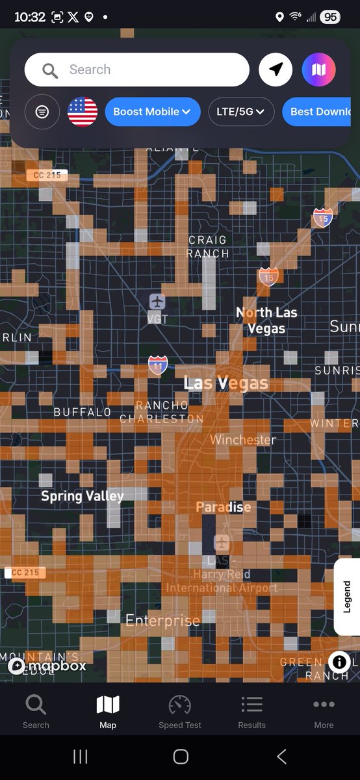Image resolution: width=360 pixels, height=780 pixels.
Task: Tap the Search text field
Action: coord(136,70)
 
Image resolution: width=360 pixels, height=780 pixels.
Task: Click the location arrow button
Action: coord(276,70)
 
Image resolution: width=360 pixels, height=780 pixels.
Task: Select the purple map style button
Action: coord(318,70)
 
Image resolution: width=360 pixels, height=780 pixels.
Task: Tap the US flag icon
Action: coord(83,112)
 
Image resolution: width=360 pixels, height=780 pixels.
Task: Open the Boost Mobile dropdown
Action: coord(152,112)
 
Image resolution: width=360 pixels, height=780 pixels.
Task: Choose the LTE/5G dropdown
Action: coord(240,112)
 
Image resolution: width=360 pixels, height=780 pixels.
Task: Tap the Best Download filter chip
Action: coord(320,112)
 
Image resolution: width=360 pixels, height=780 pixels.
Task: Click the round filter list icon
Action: coord(42,112)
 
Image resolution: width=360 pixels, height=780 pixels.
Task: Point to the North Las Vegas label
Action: coord(266,320)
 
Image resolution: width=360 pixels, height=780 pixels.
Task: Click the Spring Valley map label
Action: coord(82,497)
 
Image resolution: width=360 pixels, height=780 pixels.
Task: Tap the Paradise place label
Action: coord(223,507)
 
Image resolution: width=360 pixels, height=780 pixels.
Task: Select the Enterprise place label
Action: coord(162,621)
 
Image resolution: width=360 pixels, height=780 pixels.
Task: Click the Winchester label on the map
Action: coord(242,440)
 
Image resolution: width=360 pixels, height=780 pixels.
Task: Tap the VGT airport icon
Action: coord(157,302)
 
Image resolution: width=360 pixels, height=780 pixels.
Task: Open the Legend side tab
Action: coord(347,597)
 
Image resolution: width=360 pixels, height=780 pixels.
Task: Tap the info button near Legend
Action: coord(339,662)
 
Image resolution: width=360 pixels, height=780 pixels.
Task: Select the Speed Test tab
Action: coord(180,711)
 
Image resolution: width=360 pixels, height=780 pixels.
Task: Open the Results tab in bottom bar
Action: coord(251,711)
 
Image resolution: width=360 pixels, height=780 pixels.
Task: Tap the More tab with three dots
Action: coord(324,711)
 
